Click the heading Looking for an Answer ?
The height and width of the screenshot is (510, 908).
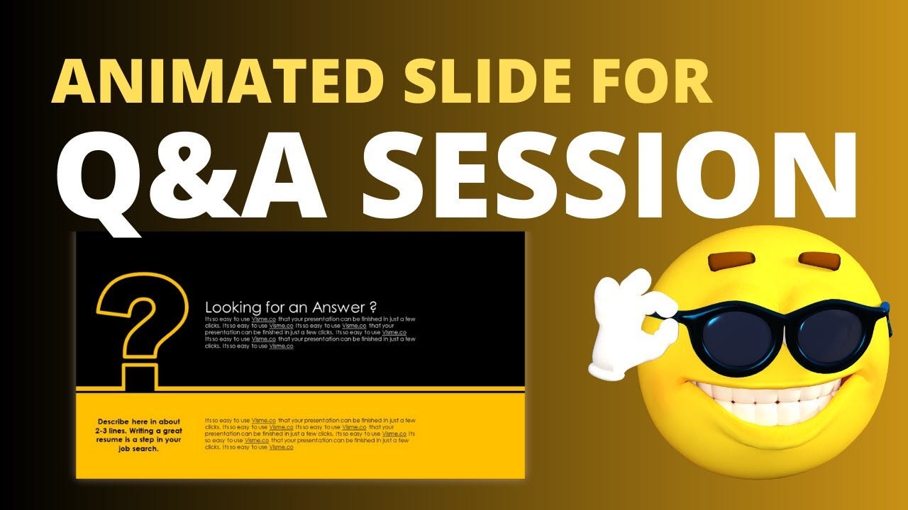(290, 307)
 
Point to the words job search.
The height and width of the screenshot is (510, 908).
(139, 448)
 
